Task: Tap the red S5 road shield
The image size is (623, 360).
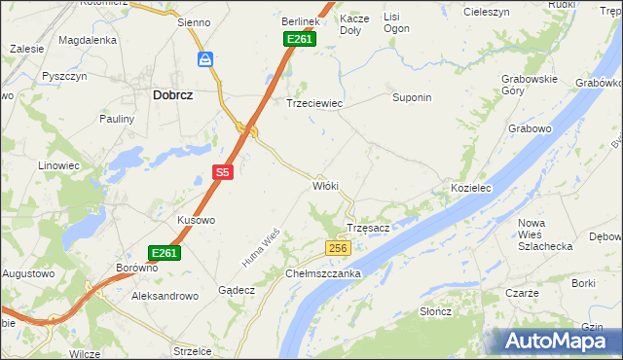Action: (x=223, y=172)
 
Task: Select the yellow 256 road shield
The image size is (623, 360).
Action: (x=337, y=249)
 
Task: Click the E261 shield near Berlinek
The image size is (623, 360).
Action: (x=299, y=39)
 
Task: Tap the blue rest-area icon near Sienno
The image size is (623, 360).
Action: (x=206, y=60)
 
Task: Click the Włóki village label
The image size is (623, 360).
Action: (x=324, y=185)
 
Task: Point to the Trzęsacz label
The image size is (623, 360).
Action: (x=368, y=228)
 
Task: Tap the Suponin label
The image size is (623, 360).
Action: (x=411, y=98)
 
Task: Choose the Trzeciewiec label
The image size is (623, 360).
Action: (x=313, y=102)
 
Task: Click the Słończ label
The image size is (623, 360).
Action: (x=435, y=311)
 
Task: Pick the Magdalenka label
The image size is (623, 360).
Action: (x=88, y=41)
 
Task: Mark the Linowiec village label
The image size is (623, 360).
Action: (x=58, y=165)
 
